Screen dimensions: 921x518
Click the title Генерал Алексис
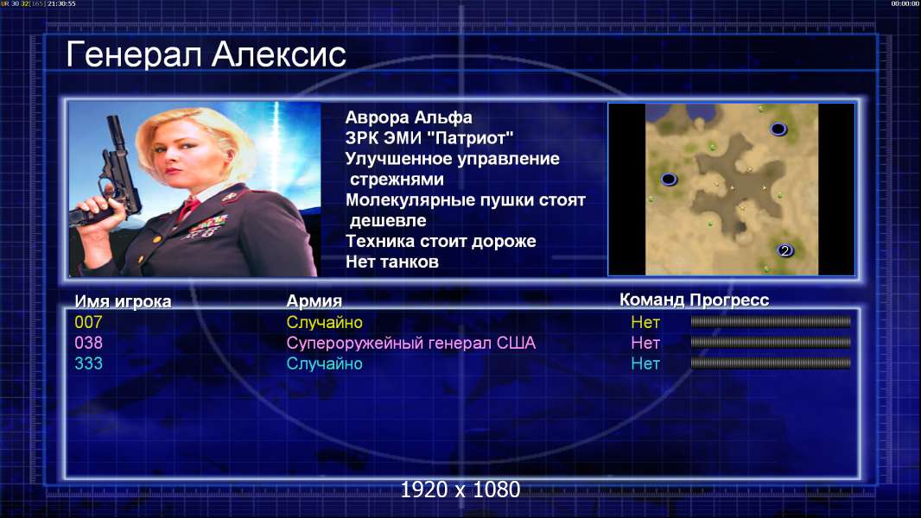tap(206, 55)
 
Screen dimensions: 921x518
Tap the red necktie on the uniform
tap(189, 207)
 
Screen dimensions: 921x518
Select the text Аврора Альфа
tap(408, 117)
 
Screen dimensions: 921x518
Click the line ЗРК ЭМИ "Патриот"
tap(429, 138)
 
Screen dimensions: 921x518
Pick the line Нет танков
tap(391, 262)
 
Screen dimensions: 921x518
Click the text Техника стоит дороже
tap(441, 241)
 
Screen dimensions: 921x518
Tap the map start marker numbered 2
tap(785, 250)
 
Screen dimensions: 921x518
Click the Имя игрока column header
tap(123, 301)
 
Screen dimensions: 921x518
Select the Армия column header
tap(314, 301)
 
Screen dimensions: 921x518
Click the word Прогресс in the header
tap(729, 300)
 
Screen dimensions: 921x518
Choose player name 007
tap(88, 322)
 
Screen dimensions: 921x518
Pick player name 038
tap(88, 343)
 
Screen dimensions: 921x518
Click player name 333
tap(88, 363)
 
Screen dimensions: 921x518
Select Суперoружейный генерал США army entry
tap(410, 344)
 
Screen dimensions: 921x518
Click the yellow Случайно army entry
tap(324, 323)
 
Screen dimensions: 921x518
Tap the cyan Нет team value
tap(645, 363)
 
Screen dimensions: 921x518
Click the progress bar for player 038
tap(771, 342)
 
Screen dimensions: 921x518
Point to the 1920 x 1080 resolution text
tap(460, 490)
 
